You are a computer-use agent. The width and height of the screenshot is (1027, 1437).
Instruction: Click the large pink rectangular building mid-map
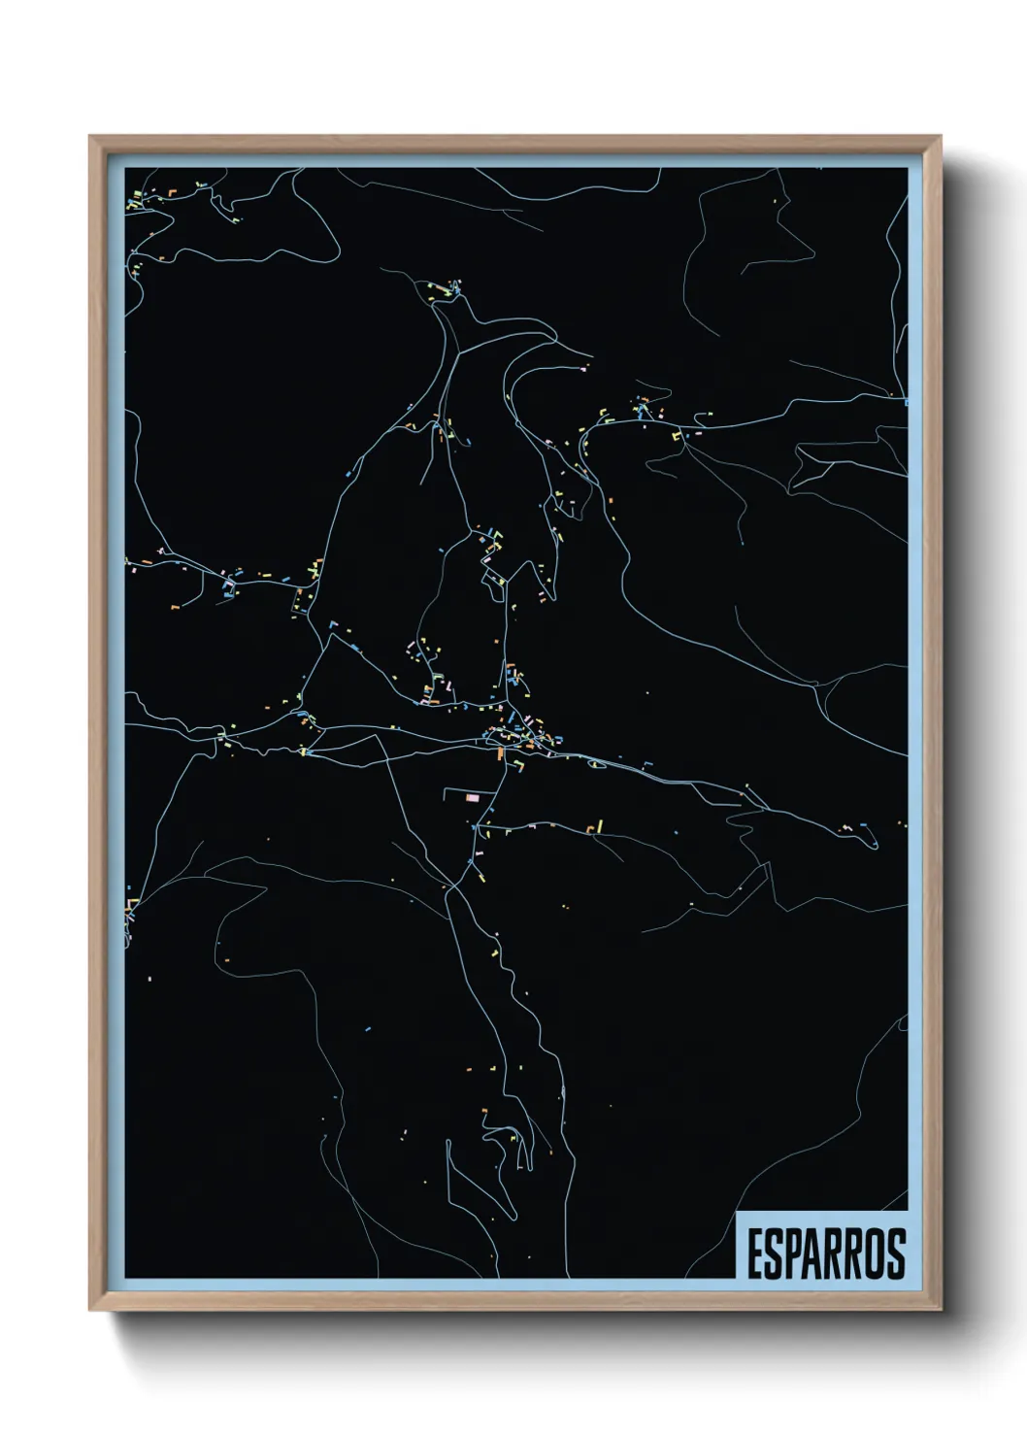pos(473,797)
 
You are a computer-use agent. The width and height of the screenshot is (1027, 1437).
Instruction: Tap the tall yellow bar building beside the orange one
pos(600,826)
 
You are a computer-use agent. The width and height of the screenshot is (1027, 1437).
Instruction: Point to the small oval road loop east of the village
pos(598,765)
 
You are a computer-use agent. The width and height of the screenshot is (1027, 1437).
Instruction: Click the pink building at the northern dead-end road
pos(583,369)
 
